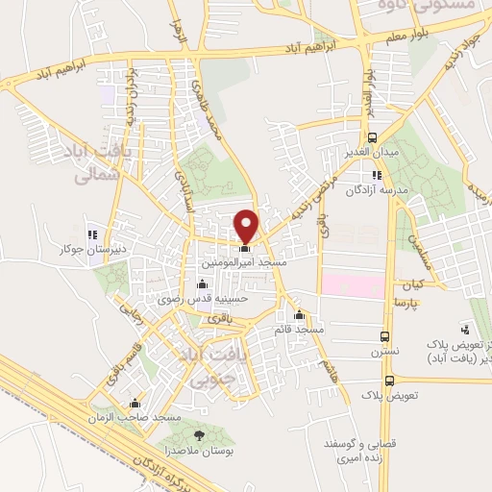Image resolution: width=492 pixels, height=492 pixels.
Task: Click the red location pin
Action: [246, 225]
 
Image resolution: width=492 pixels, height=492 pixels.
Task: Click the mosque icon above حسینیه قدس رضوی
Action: [201, 283]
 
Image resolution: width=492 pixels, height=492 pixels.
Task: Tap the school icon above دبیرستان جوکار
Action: [92, 234]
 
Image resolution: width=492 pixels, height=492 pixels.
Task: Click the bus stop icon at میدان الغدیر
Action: [373, 137]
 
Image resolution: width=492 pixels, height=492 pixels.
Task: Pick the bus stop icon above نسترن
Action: [385, 338]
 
